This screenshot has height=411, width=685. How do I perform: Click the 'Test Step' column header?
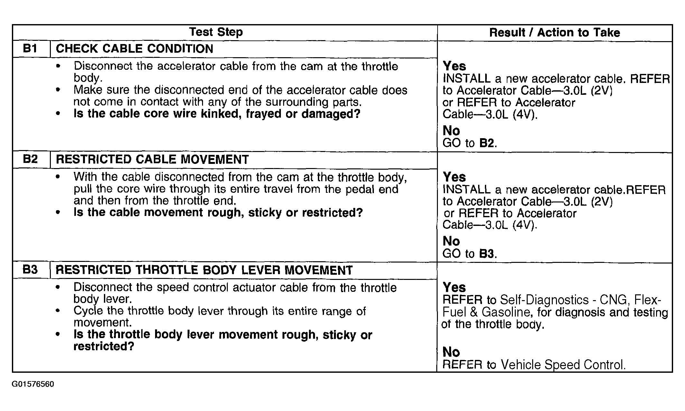pos(216,32)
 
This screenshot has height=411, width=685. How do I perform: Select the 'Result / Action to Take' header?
pos(554,32)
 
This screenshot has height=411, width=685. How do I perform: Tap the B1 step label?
pos(30,49)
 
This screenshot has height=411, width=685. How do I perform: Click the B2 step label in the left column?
pos(30,159)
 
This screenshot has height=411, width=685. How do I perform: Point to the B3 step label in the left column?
pos(30,270)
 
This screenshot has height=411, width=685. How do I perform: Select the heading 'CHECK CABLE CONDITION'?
pos(134,49)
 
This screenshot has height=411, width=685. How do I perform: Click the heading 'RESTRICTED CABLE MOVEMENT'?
pos(152,160)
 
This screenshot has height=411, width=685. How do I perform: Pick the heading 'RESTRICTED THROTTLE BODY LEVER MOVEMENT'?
pos(204,270)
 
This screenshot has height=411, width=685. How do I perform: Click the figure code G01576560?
pos(33,384)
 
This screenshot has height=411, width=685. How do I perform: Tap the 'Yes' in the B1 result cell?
pos(454,66)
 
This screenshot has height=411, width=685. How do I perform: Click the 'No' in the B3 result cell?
pos(451,352)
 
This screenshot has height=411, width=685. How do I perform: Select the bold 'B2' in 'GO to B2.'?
pos(486,143)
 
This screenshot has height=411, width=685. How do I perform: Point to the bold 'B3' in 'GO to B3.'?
pos(486,254)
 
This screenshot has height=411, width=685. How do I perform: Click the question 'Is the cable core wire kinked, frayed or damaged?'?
pos(217,114)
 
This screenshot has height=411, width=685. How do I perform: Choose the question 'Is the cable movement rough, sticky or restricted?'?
pos(218,212)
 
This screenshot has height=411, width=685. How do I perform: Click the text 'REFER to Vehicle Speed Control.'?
pos(534,365)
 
